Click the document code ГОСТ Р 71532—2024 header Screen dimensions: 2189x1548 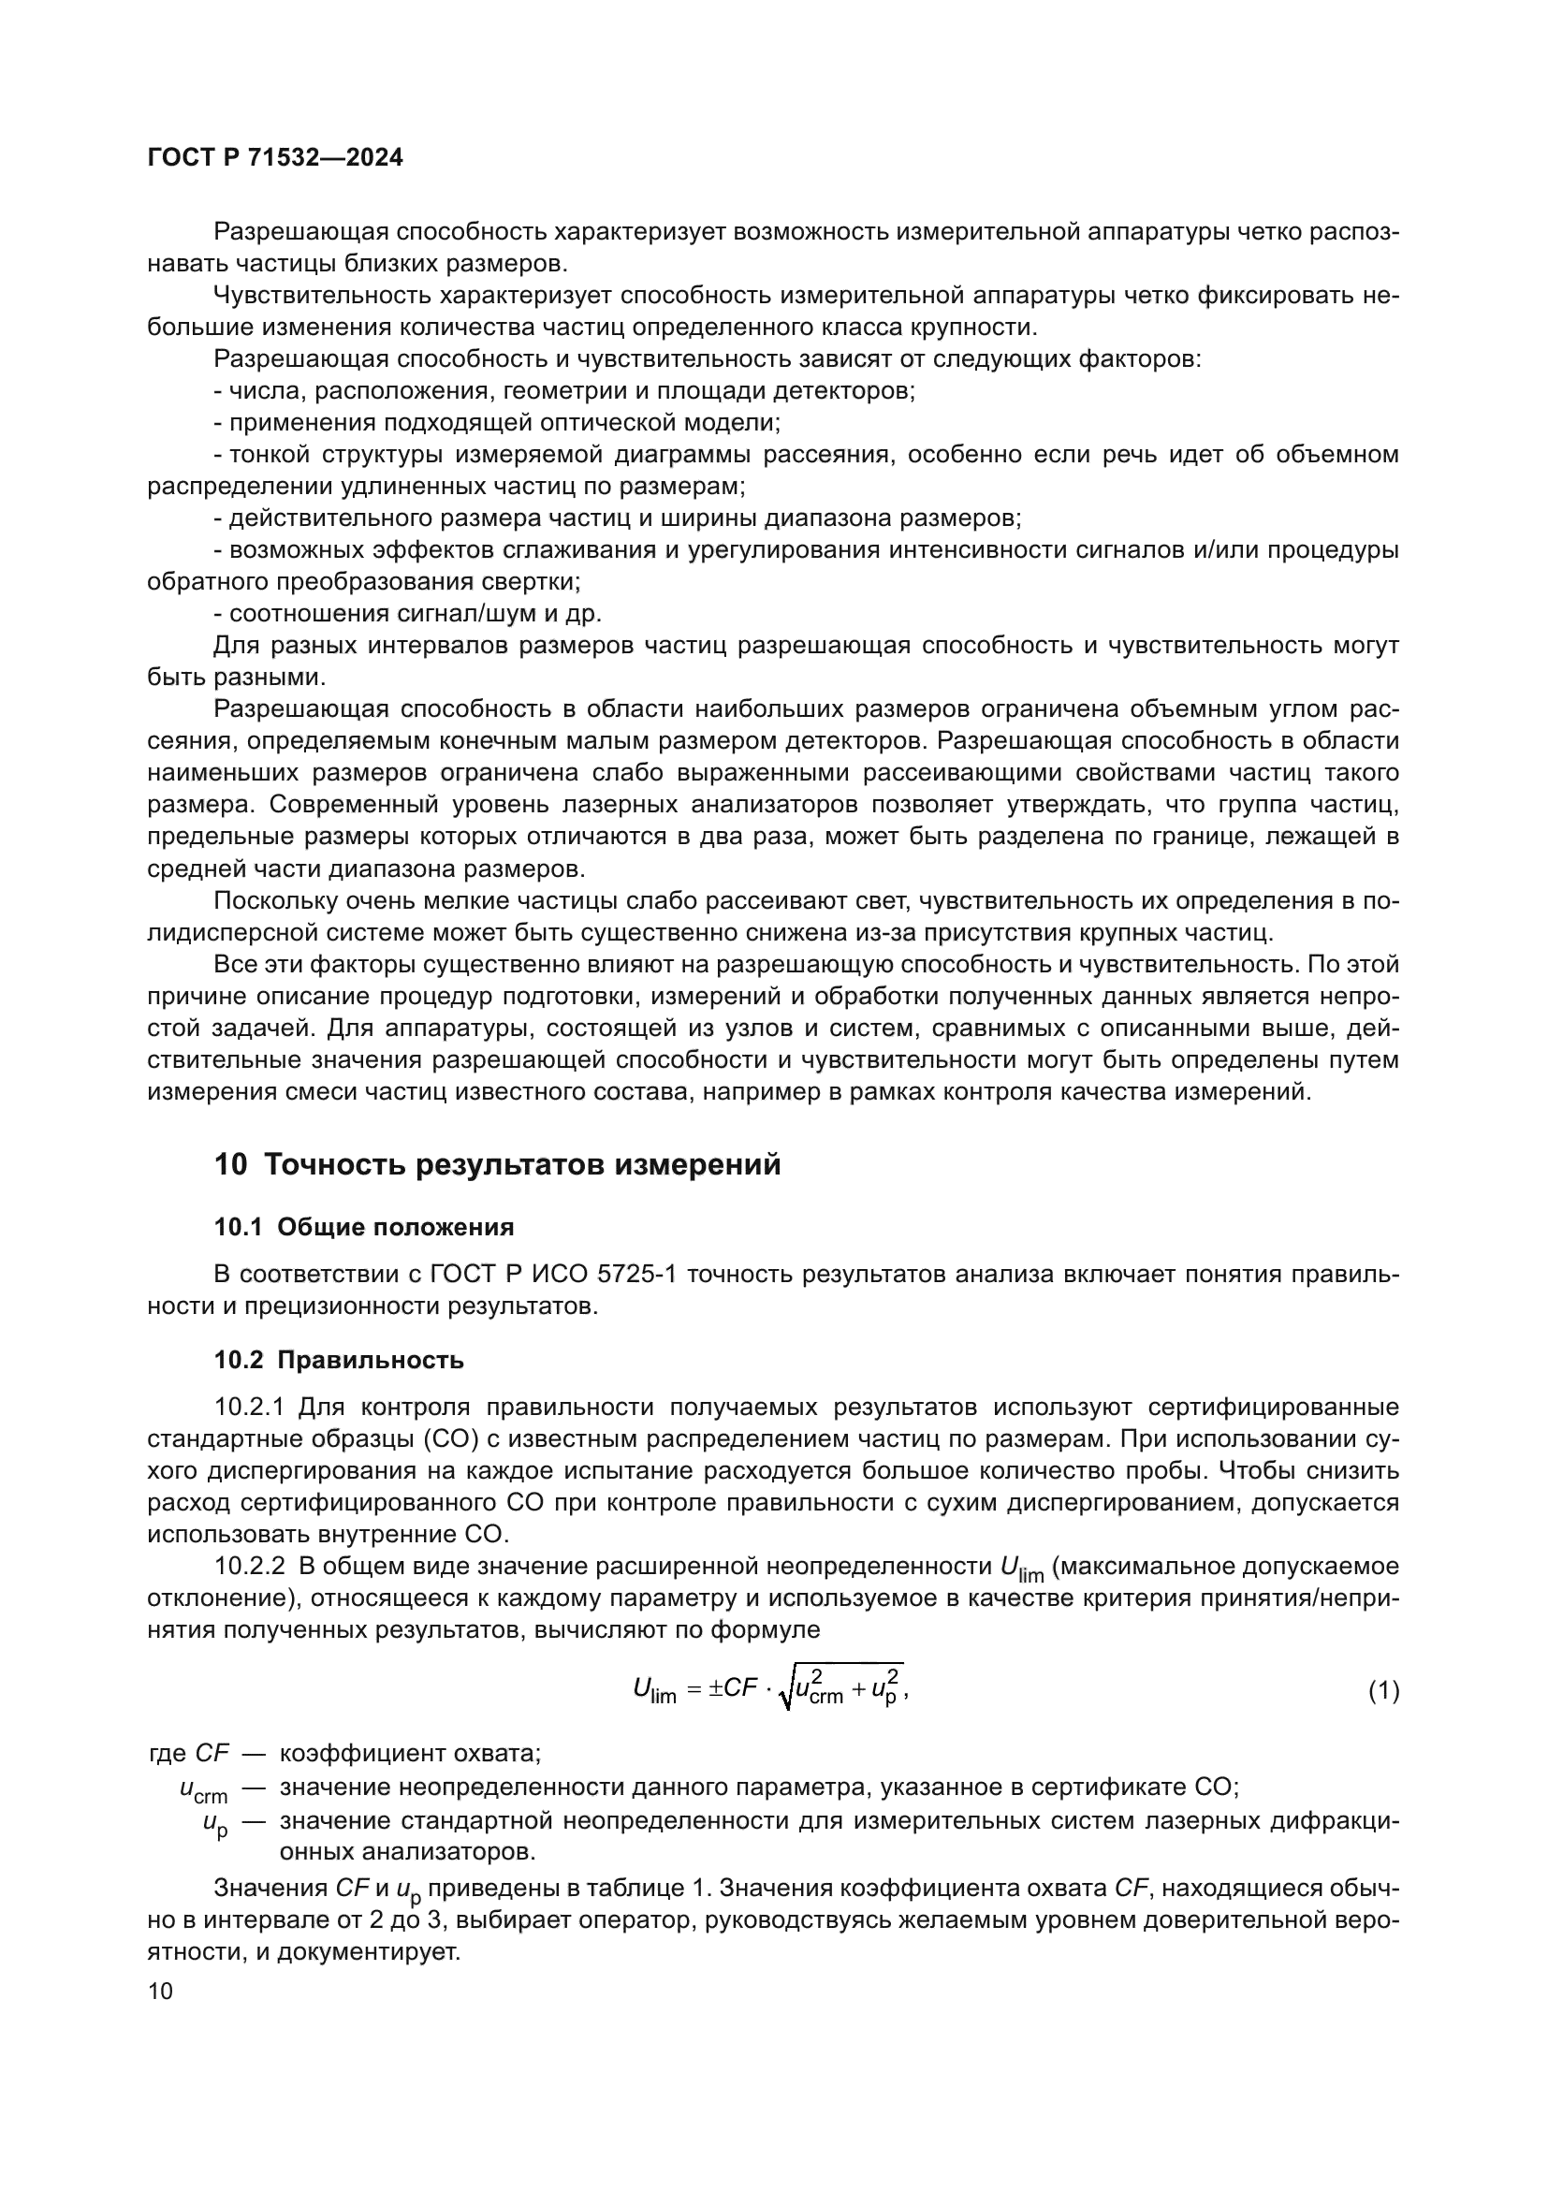pos(275,158)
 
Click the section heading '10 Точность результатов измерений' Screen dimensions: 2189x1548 pos(497,1165)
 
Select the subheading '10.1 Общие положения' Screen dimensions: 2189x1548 pos(364,1228)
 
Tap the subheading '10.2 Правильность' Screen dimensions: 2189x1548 pos(339,1361)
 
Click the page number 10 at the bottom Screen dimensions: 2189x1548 pos(160,1992)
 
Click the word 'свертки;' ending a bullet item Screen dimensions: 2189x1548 pos(539,581)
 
